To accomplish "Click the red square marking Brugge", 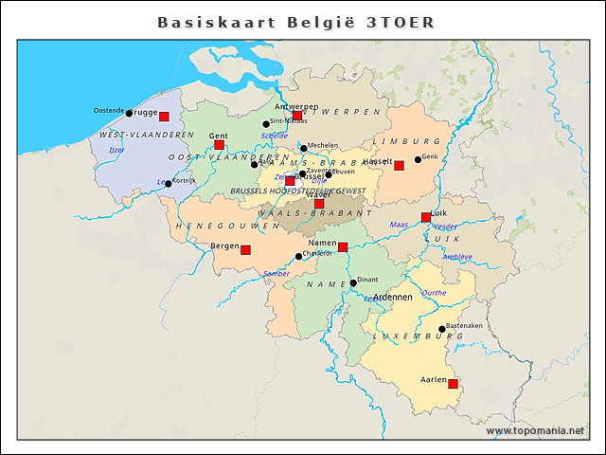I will [164, 117].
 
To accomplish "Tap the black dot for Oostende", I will [129, 113].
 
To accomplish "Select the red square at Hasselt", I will [399, 166].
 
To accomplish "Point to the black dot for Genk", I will [418, 159].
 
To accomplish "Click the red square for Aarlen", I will [453, 384].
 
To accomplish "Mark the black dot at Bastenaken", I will [442, 330].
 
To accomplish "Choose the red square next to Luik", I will [426, 217].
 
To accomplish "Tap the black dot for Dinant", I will [353, 282].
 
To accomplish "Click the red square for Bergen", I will [245, 250].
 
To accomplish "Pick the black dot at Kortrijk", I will [169, 183].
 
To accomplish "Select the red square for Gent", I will [219, 145].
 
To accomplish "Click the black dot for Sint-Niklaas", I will [266, 123].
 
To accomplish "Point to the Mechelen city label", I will [323, 146].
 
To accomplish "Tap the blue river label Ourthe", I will [434, 293].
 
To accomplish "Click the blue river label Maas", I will [399, 225].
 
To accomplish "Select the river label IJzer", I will [116, 150].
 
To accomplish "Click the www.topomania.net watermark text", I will [535, 431].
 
